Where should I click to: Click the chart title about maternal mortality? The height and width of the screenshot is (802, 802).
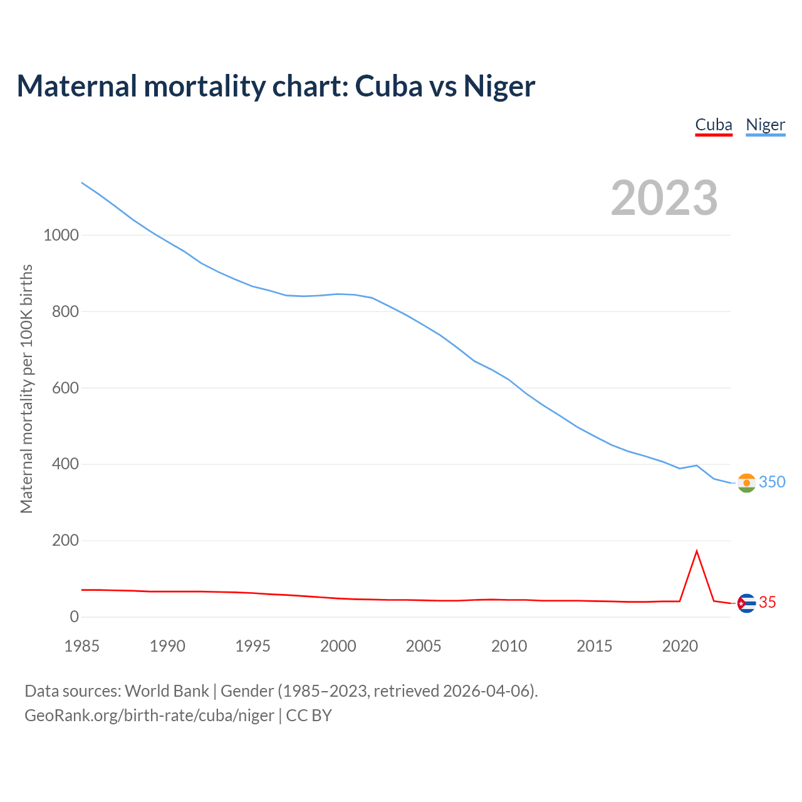276,86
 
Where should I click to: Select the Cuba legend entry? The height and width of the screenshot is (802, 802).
714,125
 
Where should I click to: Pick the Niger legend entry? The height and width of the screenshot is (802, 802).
765,125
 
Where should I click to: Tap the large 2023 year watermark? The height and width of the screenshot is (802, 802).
664,198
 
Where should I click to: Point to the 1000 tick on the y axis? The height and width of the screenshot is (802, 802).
61,236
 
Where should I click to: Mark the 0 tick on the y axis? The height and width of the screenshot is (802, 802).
75,617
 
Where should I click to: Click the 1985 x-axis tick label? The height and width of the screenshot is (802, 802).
81,646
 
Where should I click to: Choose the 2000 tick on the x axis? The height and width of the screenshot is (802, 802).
338,646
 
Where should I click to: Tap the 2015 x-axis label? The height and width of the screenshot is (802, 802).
594,646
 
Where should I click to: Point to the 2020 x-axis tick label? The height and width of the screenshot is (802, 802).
680,646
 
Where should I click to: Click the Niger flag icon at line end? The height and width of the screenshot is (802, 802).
746,483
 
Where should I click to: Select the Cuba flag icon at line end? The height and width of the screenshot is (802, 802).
746,603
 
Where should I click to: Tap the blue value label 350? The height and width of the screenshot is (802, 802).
772,482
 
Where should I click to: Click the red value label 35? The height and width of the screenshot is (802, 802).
768,603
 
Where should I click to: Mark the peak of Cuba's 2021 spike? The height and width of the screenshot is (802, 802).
697,551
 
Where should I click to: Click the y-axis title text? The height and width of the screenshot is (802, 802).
26,388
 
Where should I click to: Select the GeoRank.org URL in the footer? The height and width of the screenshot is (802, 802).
149,716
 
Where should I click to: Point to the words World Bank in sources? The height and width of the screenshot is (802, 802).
167,691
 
